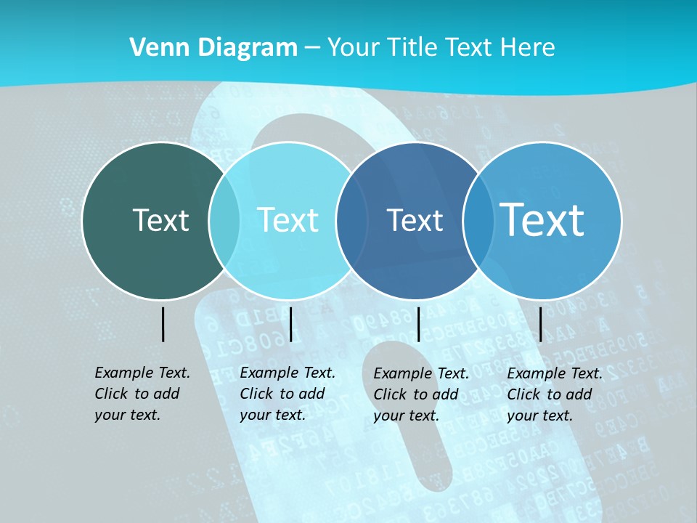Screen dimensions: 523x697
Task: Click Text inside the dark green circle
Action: click(160, 220)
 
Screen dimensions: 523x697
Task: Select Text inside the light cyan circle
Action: click(288, 220)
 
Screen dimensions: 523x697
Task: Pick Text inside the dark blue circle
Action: click(415, 220)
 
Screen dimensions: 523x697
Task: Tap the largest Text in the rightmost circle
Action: click(542, 219)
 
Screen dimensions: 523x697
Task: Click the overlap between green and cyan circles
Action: click(224, 221)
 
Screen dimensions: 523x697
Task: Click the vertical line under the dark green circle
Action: click(163, 324)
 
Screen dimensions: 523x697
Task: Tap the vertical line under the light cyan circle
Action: click(290, 324)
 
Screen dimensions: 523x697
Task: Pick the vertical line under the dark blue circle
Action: click(418, 324)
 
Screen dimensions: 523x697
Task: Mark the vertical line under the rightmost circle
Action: click(540, 324)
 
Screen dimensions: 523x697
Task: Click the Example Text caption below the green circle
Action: click(142, 394)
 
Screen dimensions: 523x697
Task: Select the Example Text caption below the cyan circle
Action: click(288, 394)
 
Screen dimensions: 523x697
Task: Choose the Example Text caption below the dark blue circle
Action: click(421, 394)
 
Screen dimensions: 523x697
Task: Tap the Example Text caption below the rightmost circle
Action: click(555, 394)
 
